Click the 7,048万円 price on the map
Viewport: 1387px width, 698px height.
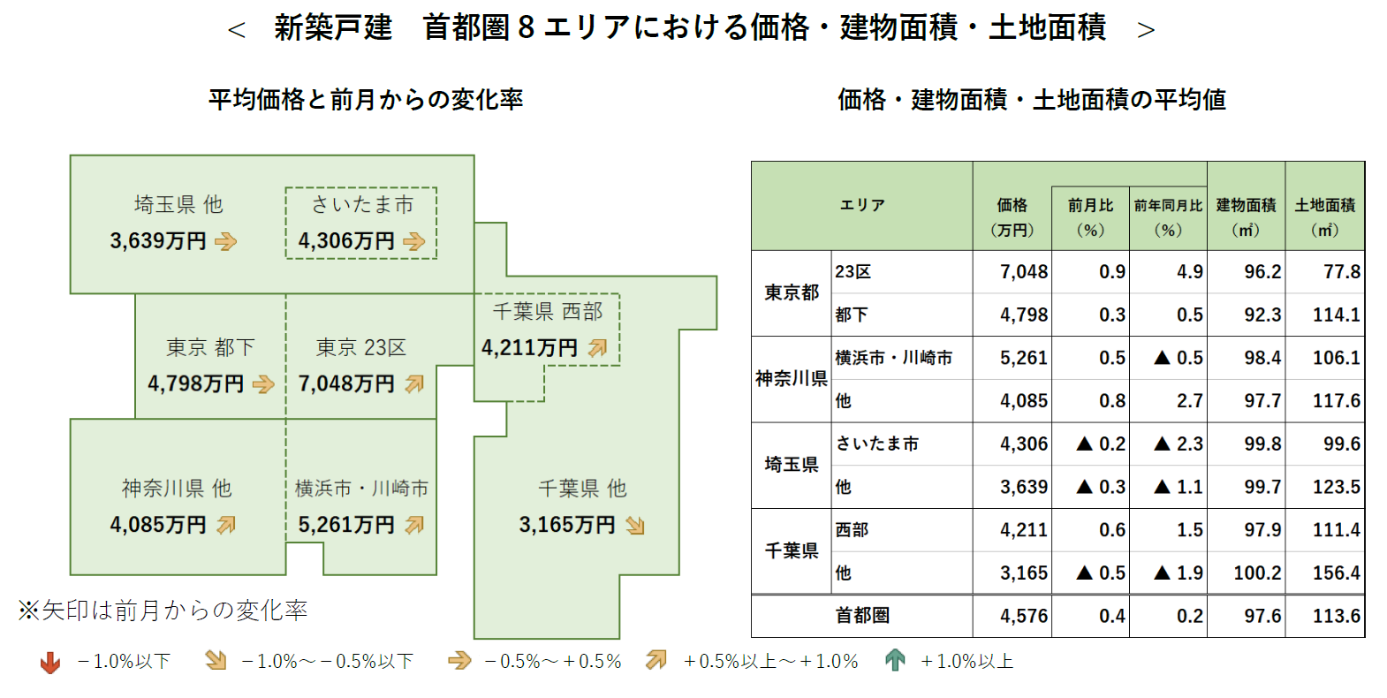[x=346, y=384]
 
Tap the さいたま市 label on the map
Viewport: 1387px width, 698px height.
[x=361, y=205]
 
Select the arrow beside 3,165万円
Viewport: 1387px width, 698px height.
[x=635, y=526]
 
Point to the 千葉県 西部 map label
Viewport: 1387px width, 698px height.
[x=548, y=312]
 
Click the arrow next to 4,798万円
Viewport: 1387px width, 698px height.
[x=263, y=384]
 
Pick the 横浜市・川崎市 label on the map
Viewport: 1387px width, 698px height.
[x=361, y=489]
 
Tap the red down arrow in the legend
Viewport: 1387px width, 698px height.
[x=50, y=662]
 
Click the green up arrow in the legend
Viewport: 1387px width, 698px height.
[x=895, y=661]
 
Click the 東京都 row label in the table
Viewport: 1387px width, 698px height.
[x=792, y=292]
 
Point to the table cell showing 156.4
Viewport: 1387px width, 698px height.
[x=1336, y=573]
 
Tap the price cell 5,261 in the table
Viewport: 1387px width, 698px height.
[x=1023, y=358]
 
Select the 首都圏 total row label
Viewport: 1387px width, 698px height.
[x=862, y=616]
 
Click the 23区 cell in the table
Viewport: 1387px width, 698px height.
[x=853, y=272]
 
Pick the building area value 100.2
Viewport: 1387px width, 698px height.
[x=1256, y=573]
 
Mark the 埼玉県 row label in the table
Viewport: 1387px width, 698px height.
[x=792, y=465]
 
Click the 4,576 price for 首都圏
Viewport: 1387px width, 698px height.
[x=1023, y=616]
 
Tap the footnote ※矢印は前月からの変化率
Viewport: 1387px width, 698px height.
[x=163, y=611]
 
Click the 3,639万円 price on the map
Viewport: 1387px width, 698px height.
[x=158, y=241]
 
